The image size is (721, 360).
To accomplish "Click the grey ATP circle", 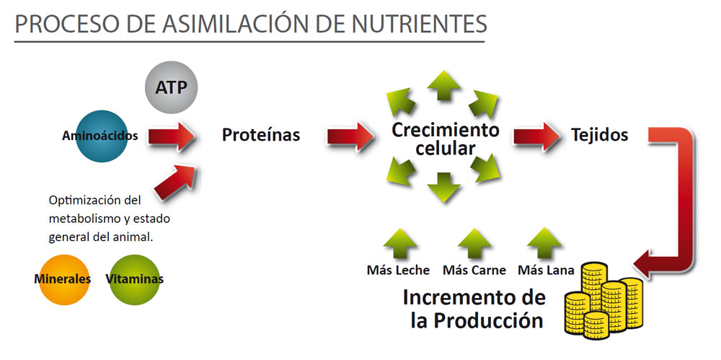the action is pyautogui.click(x=171, y=87).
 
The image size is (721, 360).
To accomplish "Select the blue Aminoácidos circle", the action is pyautogui.click(x=102, y=136).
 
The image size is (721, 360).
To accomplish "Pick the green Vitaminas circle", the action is pyautogui.click(x=135, y=279).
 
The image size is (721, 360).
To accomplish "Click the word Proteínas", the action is pyautogui.click(x=261, y=135).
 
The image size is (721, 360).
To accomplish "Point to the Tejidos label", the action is pyautogui.click(x=599, y=134).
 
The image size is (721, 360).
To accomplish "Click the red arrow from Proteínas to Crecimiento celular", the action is pyautogui.click(x=350, y=137).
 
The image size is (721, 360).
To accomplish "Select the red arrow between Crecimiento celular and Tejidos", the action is pyautogui.click(x=536, y=137).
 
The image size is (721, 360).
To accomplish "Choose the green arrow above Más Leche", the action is pyautogui.click(x=400, y=244).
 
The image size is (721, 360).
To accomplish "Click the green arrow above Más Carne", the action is pyautogui.click(x=474, y=244).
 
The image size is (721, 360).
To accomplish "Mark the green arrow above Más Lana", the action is pyautogui.click(x=544, y=244).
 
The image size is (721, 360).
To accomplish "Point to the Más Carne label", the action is pyautogui.click(x=474, y=271).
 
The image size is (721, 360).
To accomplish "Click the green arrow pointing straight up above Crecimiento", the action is pyautogui.click(x=443, y=86).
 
